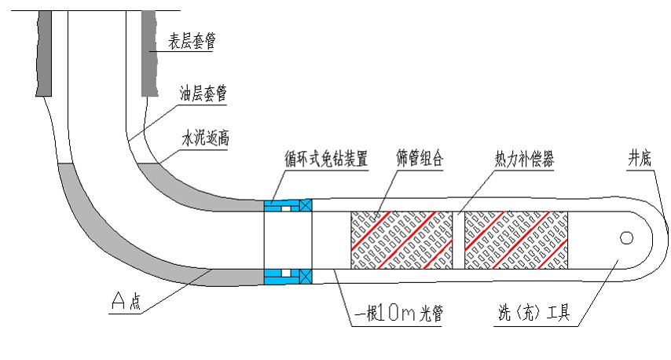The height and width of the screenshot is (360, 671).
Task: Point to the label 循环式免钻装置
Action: (x=326, y=158)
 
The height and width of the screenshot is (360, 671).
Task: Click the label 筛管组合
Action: (x=420, y=158)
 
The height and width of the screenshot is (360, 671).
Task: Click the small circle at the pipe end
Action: (x=627, y=237)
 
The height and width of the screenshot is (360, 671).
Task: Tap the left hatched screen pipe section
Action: (x=401, y=237)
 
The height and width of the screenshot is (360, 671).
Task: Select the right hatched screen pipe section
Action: (x=516, y=237)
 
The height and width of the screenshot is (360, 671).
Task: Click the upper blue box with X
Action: (x=306, y=205)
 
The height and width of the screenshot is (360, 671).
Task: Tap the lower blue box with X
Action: (x=306, y=276)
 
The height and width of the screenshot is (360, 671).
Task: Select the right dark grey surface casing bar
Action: (x=149, y=51)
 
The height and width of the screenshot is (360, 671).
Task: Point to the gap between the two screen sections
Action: (x=459, y=237)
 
